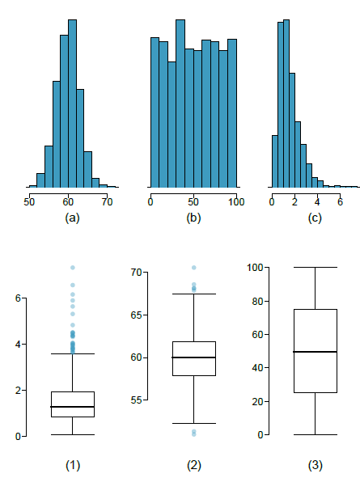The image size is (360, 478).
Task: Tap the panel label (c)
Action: point(315,217)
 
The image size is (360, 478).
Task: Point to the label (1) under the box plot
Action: point(72,465)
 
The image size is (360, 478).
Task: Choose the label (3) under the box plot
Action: point(315,465)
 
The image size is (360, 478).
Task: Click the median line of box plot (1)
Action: point(72,407)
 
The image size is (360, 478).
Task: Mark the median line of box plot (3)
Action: point(315,352)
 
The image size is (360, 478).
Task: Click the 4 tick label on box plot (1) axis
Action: point(18,344)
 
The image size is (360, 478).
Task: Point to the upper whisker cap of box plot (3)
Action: point(315,267)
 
